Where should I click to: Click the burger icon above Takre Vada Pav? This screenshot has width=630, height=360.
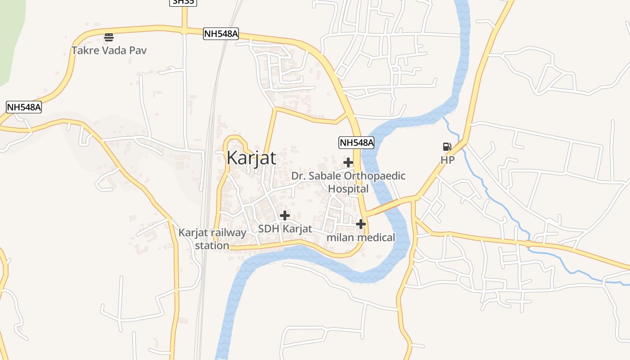click(108, 37)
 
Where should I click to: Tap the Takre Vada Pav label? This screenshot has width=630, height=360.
click(109, 50)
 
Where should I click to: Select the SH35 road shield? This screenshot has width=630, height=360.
click(184, 2)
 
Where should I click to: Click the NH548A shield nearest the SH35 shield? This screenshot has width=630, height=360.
click(220, 34)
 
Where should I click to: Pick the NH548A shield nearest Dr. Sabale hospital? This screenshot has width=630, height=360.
click(356, 143)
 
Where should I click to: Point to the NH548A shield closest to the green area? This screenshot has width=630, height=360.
click(24, 107)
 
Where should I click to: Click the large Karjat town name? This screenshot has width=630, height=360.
click(251, 158)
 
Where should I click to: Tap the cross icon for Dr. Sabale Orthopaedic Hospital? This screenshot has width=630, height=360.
click(348, 162)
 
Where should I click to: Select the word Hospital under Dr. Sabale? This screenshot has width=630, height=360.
click(348, 189)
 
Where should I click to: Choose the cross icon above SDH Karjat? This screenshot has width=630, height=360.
click(284, 216)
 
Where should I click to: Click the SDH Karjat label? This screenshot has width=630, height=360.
click(284, 229)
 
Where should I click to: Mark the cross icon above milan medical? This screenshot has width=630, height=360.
click(361, 224)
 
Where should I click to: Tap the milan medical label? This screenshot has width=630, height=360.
click(360, 237)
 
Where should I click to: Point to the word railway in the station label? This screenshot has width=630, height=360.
click(229, 233)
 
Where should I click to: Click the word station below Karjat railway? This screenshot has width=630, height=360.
click(212, 246)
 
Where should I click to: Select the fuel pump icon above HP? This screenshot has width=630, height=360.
click(447, 147)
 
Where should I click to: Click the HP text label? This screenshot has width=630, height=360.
click(447, 160)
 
